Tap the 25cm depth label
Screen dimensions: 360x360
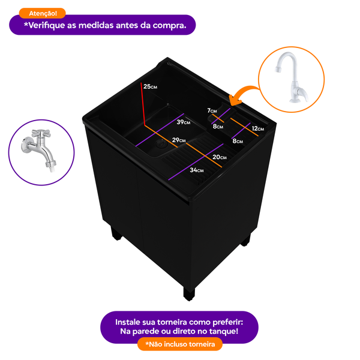pos(150,86)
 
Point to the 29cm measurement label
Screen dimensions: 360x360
pos(178,140)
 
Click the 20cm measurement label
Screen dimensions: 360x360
pos(219,157)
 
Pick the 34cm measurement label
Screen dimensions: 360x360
pos(197,170)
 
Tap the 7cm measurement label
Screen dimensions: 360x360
pos(212,111)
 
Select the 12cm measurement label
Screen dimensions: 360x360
pos(258,128)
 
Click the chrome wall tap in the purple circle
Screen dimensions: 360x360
pos(37,152)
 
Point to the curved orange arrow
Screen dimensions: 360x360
pos(243,94)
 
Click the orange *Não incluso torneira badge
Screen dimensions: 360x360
pos(180,344)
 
